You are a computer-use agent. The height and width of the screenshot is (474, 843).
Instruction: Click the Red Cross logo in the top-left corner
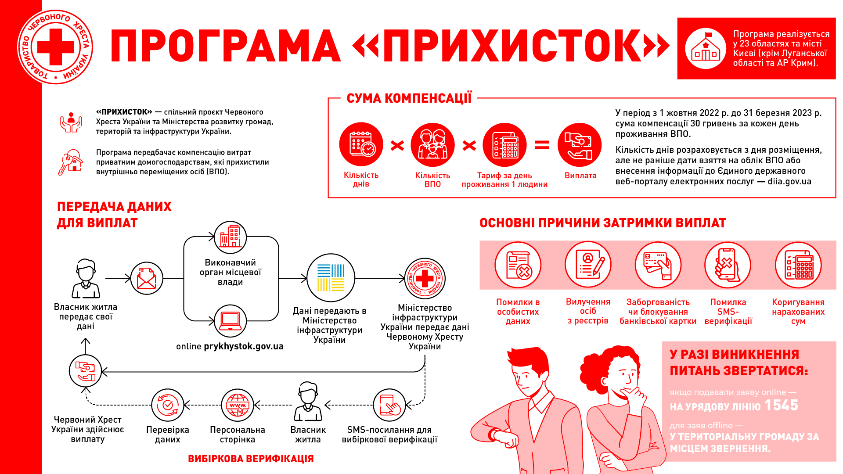(55, 47)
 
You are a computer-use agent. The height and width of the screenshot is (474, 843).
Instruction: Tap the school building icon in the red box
(706, 48)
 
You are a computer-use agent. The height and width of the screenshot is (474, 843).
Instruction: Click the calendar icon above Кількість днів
(361, 144)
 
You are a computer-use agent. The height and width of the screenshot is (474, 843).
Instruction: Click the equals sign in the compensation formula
(542, 145)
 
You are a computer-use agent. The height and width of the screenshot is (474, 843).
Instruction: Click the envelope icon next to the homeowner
(147, 278)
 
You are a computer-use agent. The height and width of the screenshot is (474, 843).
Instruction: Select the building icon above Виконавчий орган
(230, 237)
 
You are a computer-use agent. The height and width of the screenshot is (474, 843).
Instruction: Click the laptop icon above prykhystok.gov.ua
(230, 321)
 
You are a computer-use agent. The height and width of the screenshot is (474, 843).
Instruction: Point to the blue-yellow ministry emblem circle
(331, 278)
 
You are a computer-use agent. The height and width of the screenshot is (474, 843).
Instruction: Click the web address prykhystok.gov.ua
(244, 346)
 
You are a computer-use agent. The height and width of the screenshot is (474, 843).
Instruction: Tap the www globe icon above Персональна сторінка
(238, 405)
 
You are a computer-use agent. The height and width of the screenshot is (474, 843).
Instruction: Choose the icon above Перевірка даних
(168, 405)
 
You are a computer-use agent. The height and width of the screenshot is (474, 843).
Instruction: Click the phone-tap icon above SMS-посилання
(389, 405)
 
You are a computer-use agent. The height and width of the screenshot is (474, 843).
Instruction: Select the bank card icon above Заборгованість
(658, 265)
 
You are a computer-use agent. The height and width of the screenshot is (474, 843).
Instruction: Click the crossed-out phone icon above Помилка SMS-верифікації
(728, 265)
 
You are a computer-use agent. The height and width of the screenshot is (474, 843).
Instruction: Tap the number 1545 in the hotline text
(781, 405)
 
